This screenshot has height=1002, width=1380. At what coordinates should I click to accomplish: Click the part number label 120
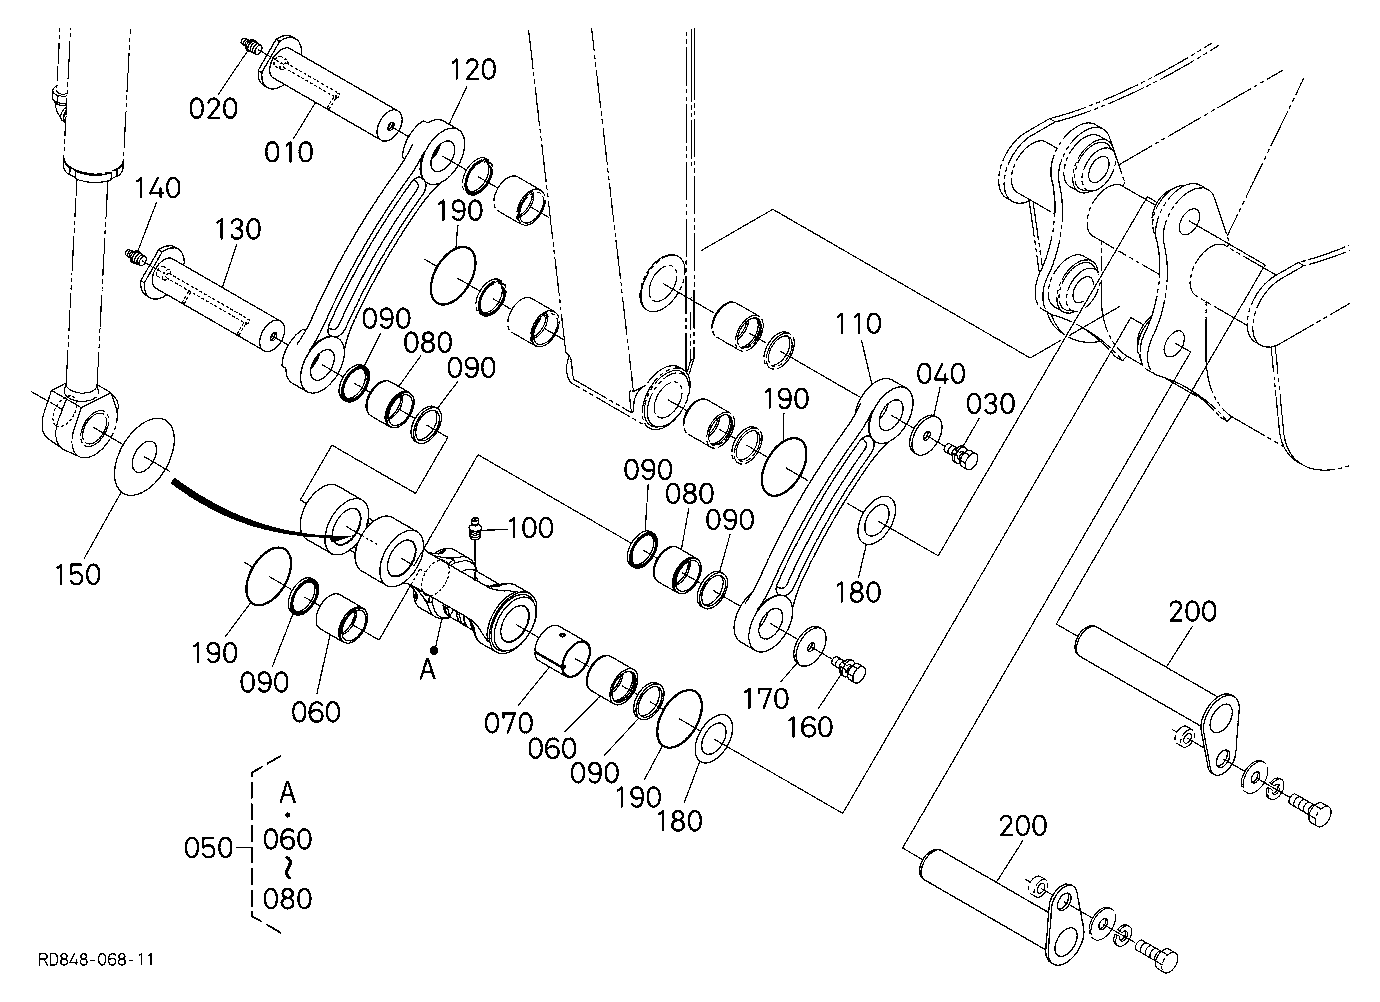tap(473, 70)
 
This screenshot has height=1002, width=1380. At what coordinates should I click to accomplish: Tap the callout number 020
tap(213, 108)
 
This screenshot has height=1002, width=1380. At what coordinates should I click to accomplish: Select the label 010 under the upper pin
tap(289, 152)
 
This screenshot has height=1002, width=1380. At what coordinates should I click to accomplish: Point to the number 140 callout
tap(158, 188)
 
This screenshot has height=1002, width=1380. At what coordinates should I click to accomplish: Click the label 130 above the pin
tap(238, 229)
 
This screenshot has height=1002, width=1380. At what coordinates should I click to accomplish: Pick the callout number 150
tap(78, 575)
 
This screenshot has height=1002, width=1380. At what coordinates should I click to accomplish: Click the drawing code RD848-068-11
tap(96, 959)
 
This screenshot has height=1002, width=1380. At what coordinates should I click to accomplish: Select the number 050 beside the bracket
tap(208, 849)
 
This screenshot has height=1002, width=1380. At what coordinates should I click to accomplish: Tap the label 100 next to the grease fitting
tap(530, 528)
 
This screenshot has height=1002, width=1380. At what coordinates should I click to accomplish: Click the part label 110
tap(858, 323)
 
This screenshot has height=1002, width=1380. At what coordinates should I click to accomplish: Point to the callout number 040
tap(941, 373)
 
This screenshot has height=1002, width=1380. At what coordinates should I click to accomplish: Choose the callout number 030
tap(991, 404)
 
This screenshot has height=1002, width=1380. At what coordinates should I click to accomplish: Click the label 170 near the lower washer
tap(766, 699)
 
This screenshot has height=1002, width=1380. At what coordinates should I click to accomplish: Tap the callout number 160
tap(810, 728)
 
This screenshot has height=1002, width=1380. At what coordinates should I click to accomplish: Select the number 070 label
tap(508, 723)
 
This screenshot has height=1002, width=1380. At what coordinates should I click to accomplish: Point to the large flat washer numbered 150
tap(145, 457)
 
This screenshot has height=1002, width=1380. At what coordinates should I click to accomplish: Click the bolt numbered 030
tap(961, 457)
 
